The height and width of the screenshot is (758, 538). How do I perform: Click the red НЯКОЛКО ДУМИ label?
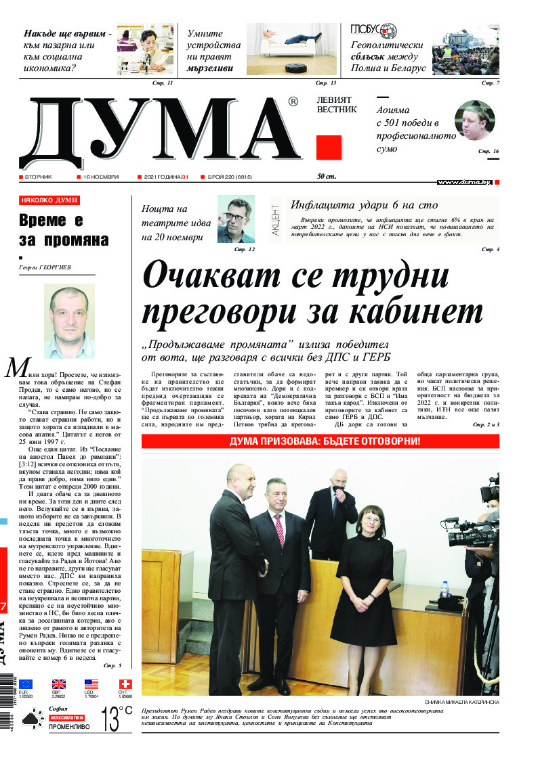click(x=49, y=201)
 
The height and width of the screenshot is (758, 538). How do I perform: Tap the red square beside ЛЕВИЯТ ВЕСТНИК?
click(x=329, y=148)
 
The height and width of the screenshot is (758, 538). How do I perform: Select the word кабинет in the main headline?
click(x=424, y=312)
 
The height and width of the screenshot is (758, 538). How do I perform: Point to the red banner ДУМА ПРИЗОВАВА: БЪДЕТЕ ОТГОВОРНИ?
click(x=320, y=441)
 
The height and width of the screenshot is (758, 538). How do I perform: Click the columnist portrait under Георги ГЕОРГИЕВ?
click(x=69, y=320)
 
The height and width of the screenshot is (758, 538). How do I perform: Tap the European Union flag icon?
click(x=26, y=684)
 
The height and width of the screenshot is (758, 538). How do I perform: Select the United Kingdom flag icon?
click(x=59, y=684)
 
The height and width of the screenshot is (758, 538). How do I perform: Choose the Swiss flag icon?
click(x=126, y=684)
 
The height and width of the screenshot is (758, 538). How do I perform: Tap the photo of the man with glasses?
click(x=236, y=219)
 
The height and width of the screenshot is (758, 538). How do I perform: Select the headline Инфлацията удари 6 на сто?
click(x=363, y=204)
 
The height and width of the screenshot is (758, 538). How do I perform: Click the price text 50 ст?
click(x=327, y=177)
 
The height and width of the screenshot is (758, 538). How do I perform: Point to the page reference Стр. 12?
click(x=245, y=250)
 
